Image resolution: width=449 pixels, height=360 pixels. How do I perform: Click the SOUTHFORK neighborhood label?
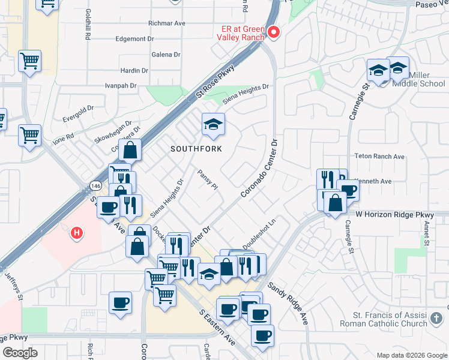(196, 149)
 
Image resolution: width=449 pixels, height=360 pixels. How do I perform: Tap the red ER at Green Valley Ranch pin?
(274, 32)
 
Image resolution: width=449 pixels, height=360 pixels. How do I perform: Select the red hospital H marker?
(77, 233)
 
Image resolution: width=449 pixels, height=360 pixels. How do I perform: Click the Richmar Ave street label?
(166, 23)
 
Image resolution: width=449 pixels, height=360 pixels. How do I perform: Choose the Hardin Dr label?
(134, 70)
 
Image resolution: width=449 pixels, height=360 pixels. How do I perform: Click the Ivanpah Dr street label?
(118, 86)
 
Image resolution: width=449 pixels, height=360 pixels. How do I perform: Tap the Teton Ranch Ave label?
(382, 157)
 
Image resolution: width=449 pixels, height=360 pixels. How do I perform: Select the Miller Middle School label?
(418, 79)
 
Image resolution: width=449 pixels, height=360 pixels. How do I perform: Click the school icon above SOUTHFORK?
(213, 124)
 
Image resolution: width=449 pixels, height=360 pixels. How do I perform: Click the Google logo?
(20, 353)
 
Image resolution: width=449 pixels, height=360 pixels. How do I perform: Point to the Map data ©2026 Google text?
(411, 355)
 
